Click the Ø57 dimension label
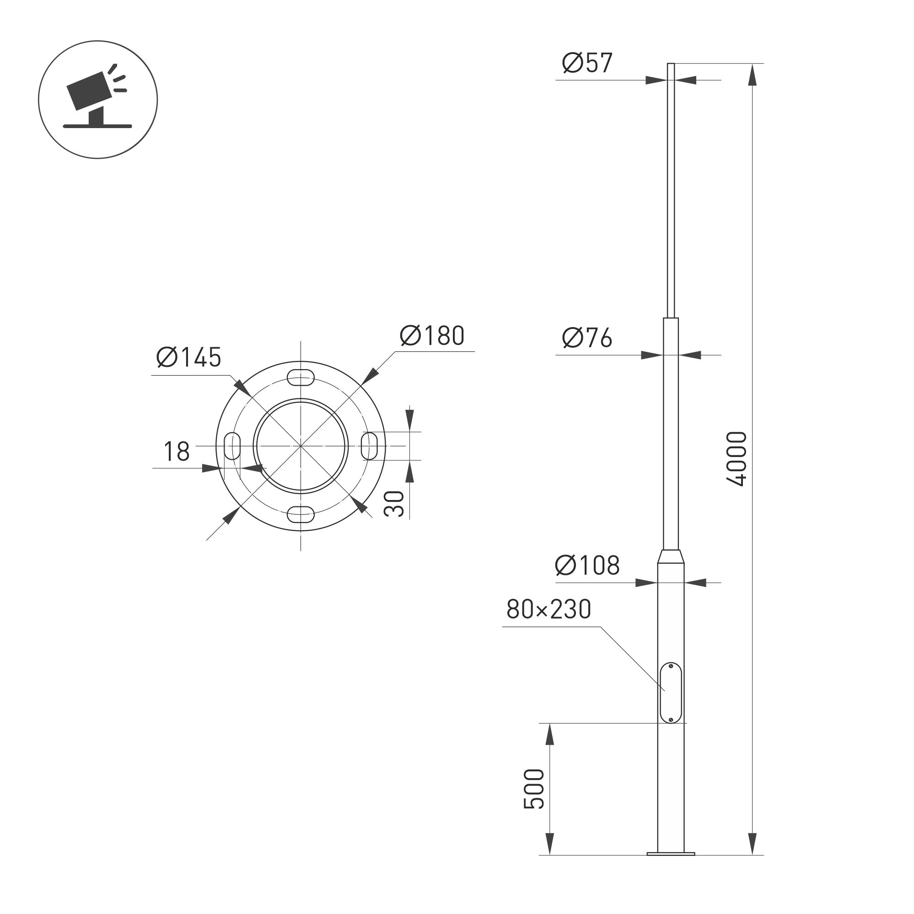tap(587, 63)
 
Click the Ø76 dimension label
tap(587, 338)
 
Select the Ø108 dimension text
tap(587, 565)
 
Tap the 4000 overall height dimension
tap(737, 459)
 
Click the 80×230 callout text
tap(549, 609)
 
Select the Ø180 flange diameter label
tap(432, 336)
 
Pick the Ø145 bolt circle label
tap(189, 358)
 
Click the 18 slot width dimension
tap(177, 452)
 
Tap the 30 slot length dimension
tap(394, 504)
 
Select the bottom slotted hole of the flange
tap(301, 514)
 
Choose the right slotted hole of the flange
tap(370, 446)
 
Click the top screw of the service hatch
tap(671, 666)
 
